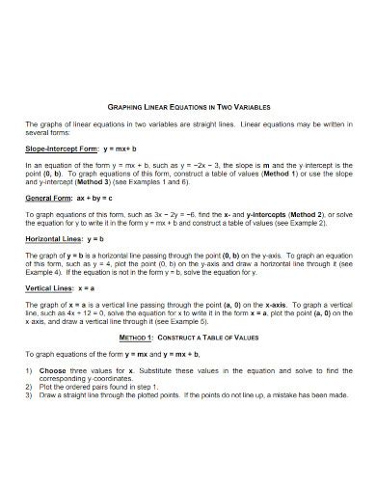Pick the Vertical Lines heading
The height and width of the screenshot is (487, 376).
click(55, 288)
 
